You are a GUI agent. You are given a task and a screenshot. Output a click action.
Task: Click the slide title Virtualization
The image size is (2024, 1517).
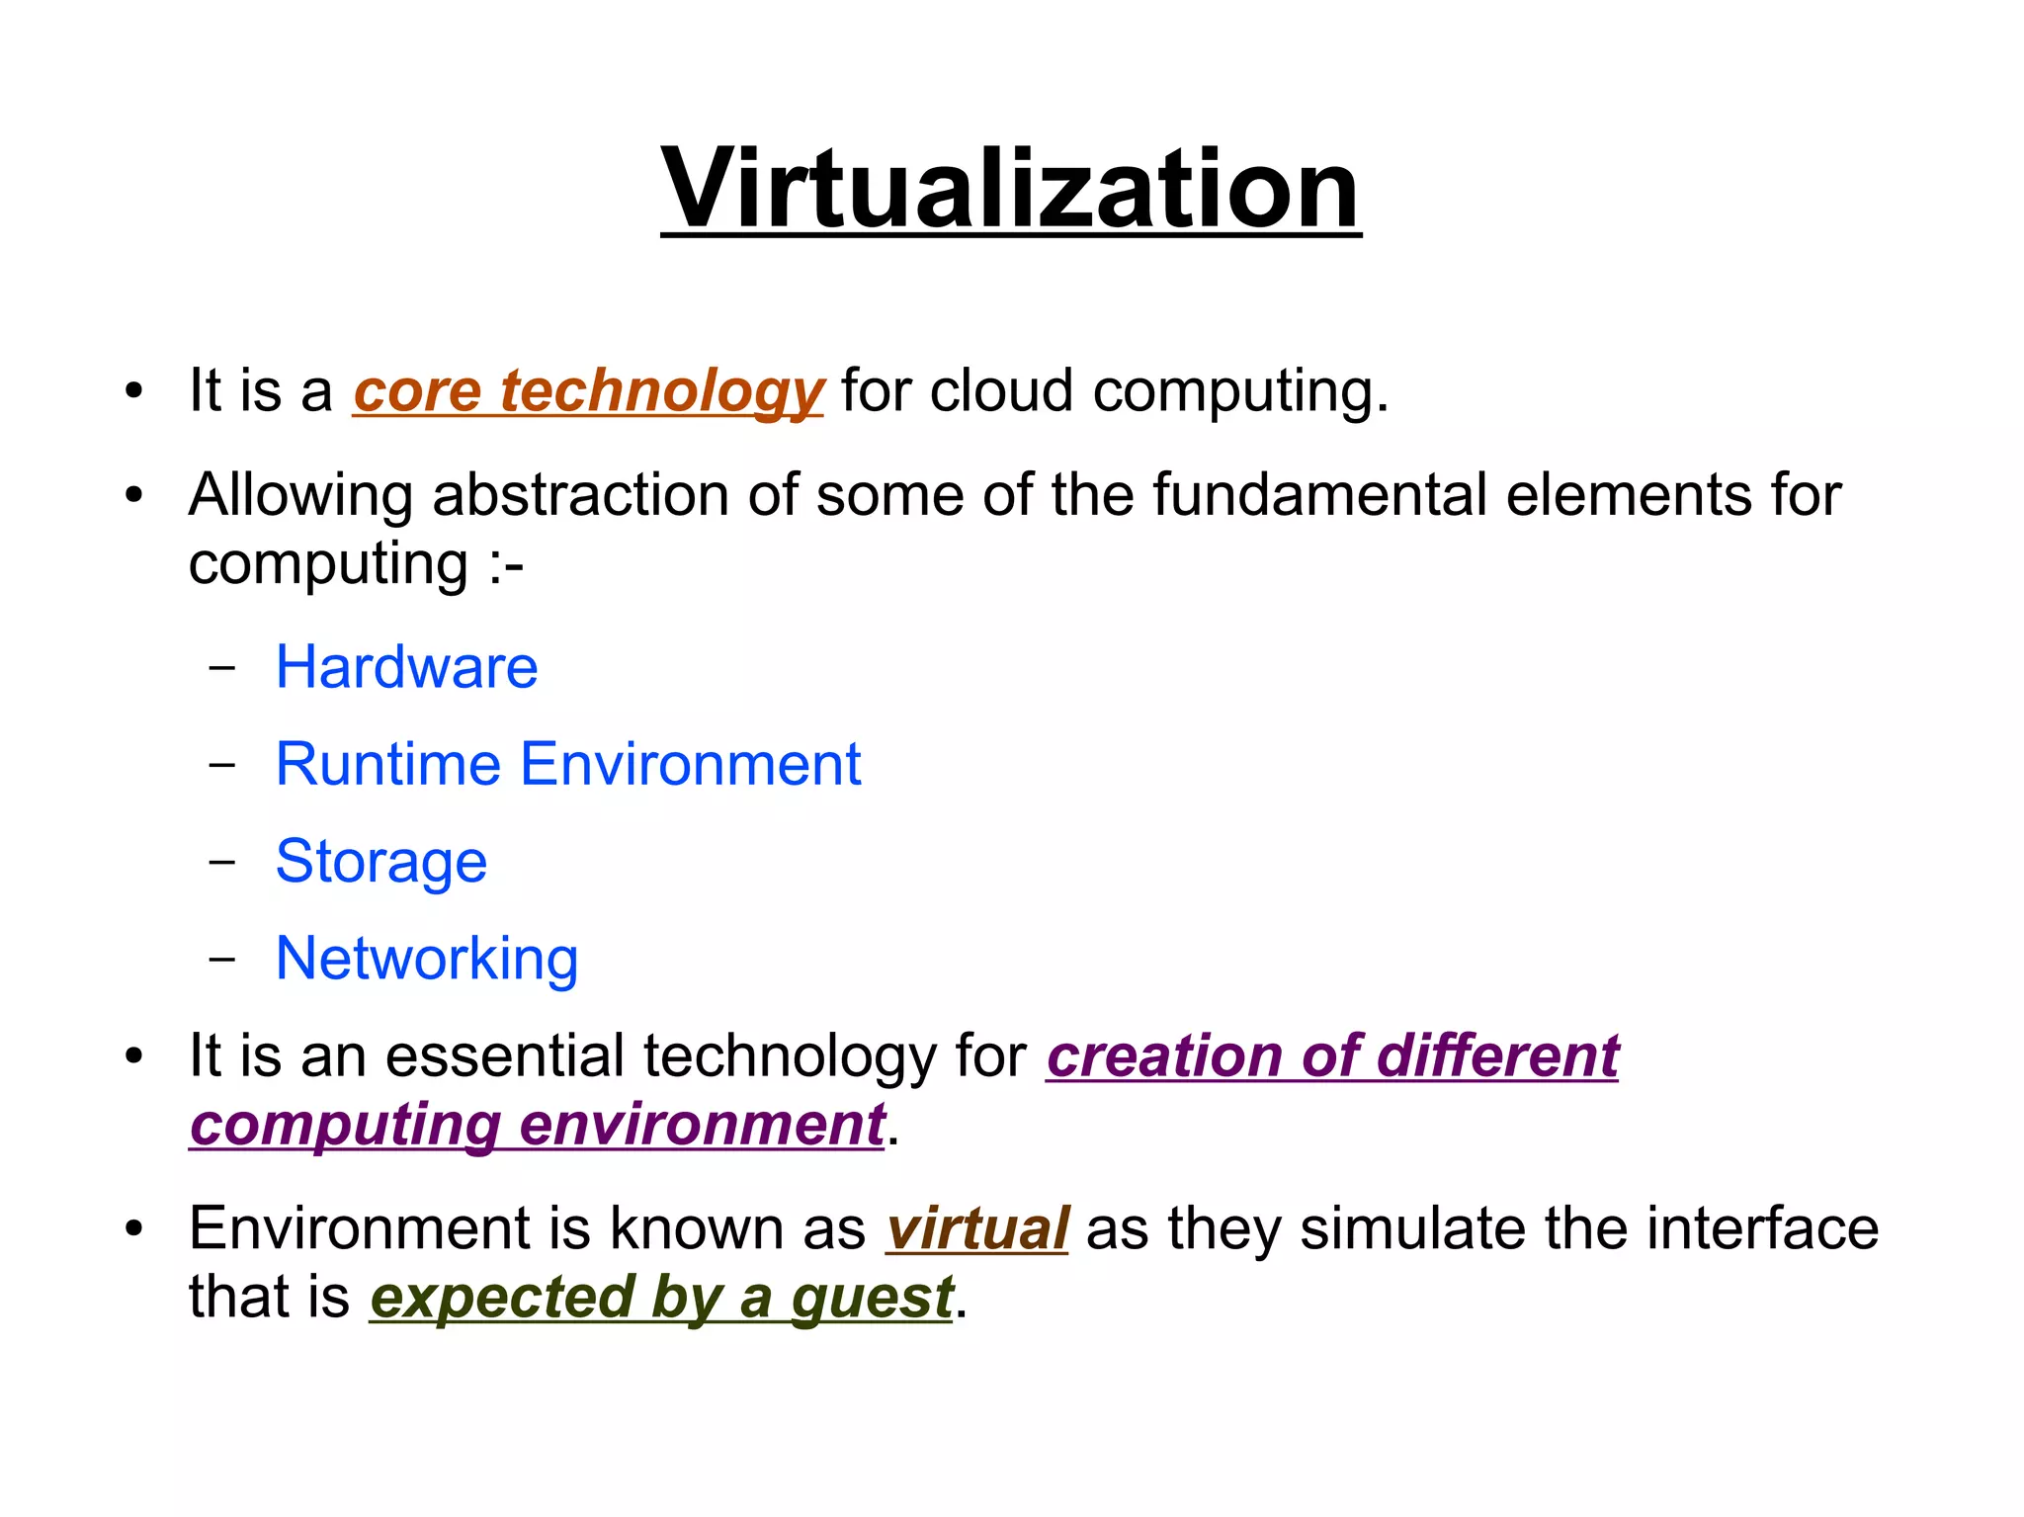(1010, 188)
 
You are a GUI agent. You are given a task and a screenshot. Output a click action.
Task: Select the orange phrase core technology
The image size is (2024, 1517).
(588, 391)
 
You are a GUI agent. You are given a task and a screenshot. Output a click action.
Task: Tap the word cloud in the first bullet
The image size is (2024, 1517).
(1001, 390)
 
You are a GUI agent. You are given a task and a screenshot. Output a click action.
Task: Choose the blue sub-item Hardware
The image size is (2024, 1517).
(406, 667)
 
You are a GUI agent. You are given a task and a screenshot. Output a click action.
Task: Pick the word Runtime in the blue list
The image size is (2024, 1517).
(388, 764)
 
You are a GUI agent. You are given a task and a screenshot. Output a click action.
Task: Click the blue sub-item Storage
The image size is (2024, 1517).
(381, 862)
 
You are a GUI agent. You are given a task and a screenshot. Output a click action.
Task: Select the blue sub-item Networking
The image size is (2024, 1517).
(427, 959)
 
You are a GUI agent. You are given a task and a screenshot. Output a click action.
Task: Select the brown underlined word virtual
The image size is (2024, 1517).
(976, 1228)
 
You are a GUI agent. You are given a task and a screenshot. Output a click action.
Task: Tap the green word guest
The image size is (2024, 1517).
(872, 1299)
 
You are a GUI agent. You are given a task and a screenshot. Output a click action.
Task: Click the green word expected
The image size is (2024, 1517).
(502, 1299)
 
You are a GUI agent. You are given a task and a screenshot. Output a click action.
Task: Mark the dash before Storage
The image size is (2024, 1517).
(223, 862)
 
